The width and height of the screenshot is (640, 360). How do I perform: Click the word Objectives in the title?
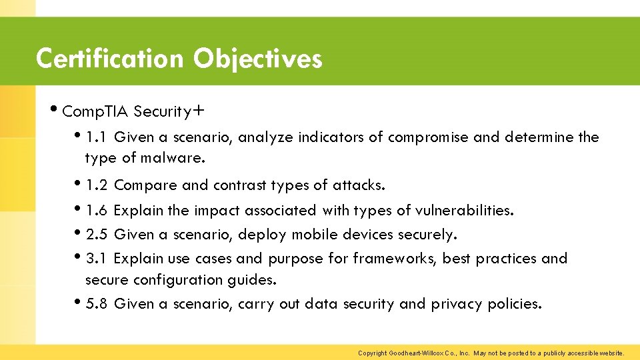click(258, 59)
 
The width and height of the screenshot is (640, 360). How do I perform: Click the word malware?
click(179, 159)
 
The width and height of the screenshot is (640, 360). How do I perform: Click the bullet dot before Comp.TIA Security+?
click(54, 110)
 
